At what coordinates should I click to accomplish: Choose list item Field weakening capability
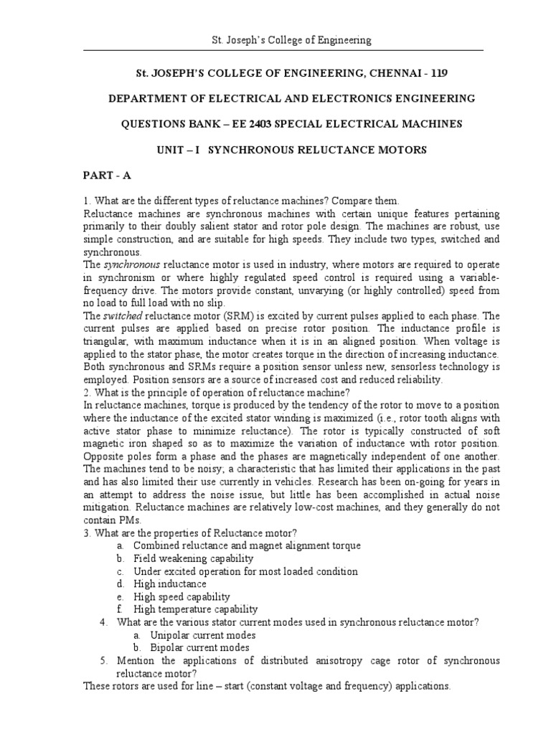(193, 558)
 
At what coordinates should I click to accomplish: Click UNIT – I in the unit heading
(183, 150)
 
